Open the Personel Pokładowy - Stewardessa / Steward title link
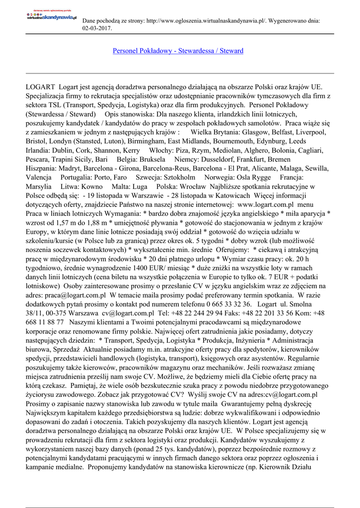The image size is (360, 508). tap(178, 51)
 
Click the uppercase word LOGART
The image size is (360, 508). tap(40, 87)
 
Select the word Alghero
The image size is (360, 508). tap(250, 150)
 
